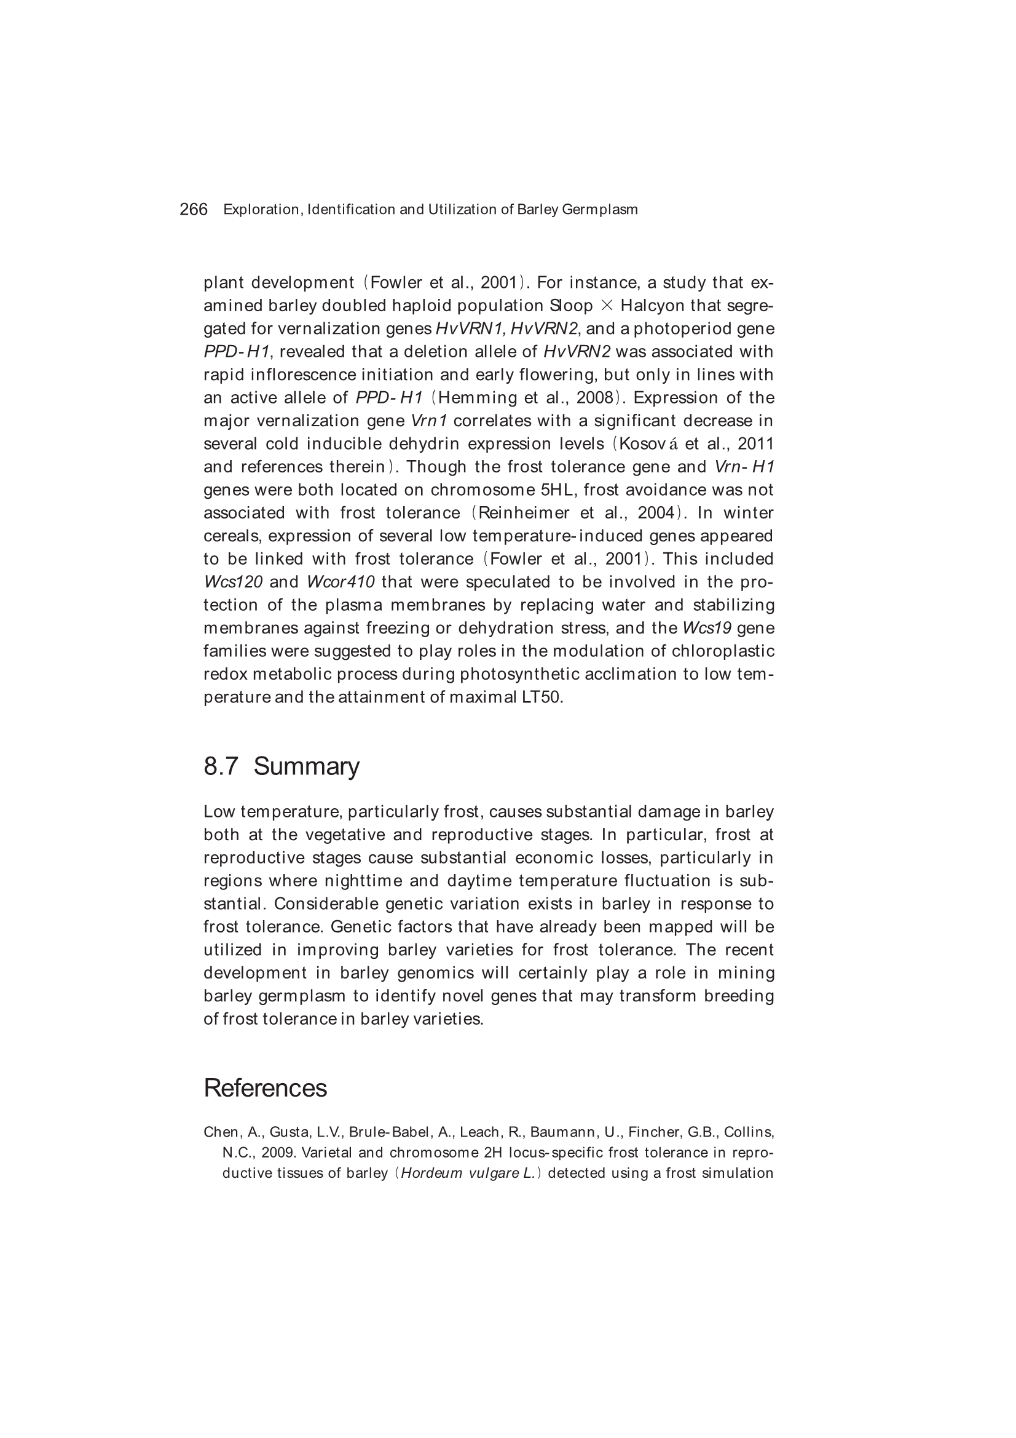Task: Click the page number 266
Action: [x=194, y=209]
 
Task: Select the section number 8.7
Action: [x=221, y=766]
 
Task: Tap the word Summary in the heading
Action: [x=306, y=766]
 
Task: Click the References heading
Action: [x=265, y=1089]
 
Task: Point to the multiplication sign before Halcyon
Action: [x=607, y=306]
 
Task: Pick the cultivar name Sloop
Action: [x=571, y=306]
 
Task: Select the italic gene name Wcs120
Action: [x=233, y=582]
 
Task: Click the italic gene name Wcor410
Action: [x=341, y=582]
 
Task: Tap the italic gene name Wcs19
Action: [x=707, y=628]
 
